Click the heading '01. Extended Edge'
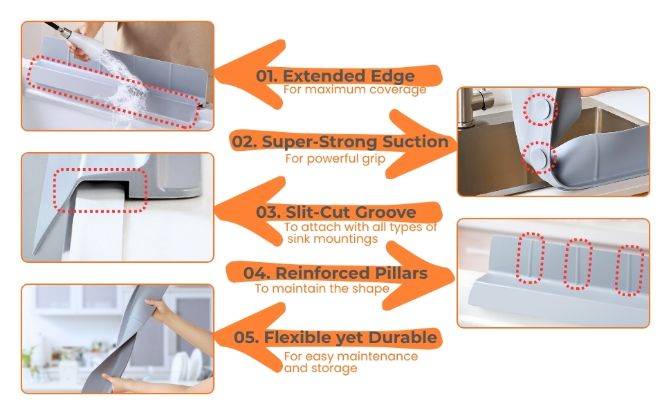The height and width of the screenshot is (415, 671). coord(335,75)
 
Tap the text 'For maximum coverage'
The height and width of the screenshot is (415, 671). coord(355,89)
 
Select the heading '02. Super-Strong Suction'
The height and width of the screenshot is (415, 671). coord(340,142)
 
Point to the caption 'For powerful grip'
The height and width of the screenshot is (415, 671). coord(335,158)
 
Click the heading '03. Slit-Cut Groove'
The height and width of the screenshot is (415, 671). coord(336,212)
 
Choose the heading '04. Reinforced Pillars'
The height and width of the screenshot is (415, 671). coord(335,273)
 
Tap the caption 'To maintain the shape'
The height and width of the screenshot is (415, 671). coord(322,289)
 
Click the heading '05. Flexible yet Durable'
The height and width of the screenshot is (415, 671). coord(335,337)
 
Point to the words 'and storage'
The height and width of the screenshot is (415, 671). coord(320,369)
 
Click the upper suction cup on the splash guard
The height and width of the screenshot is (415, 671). coord(540,109)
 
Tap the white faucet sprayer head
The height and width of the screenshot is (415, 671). coord(87,43)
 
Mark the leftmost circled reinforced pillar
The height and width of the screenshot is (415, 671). coord(530,258)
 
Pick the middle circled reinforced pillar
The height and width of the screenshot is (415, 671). coord(578,264)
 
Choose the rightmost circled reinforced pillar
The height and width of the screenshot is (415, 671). coord(629,270)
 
